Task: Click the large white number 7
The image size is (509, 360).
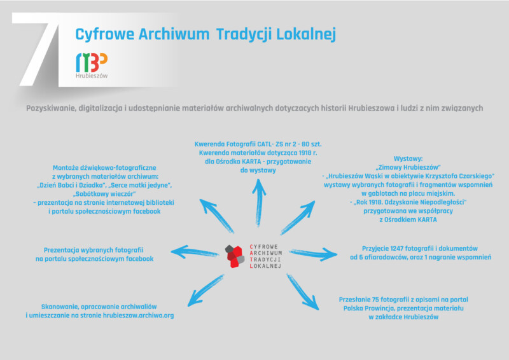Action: coord(38,49)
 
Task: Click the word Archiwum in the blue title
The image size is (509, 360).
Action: coord(174,34)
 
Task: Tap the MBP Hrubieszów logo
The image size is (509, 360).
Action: coord(92,66)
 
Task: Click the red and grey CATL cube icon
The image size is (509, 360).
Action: coord(235,256)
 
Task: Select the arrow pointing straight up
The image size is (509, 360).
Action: coord(259,202)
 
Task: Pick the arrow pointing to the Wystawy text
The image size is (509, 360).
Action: coord(298,217)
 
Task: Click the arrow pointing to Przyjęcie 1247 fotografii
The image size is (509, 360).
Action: coord(313,254)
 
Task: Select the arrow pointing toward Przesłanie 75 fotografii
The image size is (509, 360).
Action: coord(303,292)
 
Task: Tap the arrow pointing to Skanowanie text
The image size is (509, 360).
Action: coord(206,291)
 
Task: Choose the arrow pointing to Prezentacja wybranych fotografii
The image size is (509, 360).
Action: coord(195,252)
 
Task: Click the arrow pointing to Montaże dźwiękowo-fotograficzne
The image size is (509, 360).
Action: coord(216,216)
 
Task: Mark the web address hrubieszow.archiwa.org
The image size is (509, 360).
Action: coord(138,315)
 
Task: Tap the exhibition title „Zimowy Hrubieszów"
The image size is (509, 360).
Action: coord(408,167)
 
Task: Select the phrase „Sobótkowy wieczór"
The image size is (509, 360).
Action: coord(104,194)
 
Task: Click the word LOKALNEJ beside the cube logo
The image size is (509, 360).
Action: coord(265,267)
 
